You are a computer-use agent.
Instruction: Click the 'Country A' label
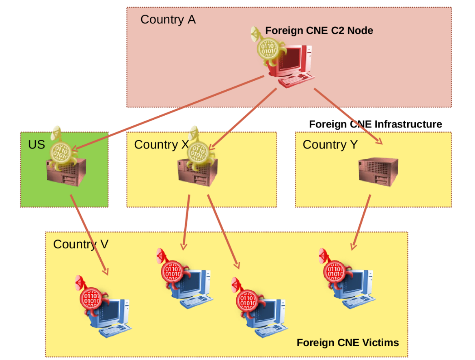tap(168, 19)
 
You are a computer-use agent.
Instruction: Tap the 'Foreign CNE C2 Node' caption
tap(319, 30)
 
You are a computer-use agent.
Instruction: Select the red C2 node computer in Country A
tap(294, 65)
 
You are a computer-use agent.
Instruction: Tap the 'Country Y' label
tap(330, 144)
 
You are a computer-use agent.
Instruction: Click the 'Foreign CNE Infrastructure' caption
tap(375, 124)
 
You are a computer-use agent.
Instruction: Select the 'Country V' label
tap(80, 244)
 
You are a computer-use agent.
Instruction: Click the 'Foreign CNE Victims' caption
tap(348, 343)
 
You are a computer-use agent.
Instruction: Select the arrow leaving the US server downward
tap(89, 235)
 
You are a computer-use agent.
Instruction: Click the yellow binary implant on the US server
tap(62, 153)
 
